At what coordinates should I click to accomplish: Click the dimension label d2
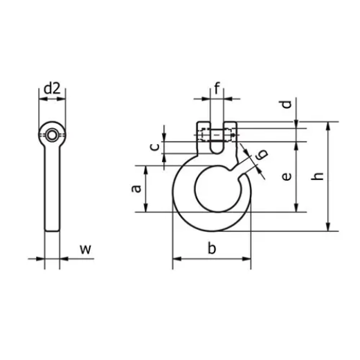pyautogui.click(x=53, y=88)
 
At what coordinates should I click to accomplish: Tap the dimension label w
pyautogui.click(x=84, y=249)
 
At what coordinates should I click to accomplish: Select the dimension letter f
pyautogui.click(x=217, y=88)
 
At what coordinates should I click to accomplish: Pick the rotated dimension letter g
pyautogui.click(x=260, y=156)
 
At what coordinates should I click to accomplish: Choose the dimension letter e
pyautogui.click(x=286, y=177)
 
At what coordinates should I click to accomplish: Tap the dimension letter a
pyautogui.click(x=137, y=188)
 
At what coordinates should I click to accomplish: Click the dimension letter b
pyautogui.click(x=212, y=248)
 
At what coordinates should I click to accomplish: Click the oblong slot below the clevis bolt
pyautogui.click(x=217, y=146)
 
